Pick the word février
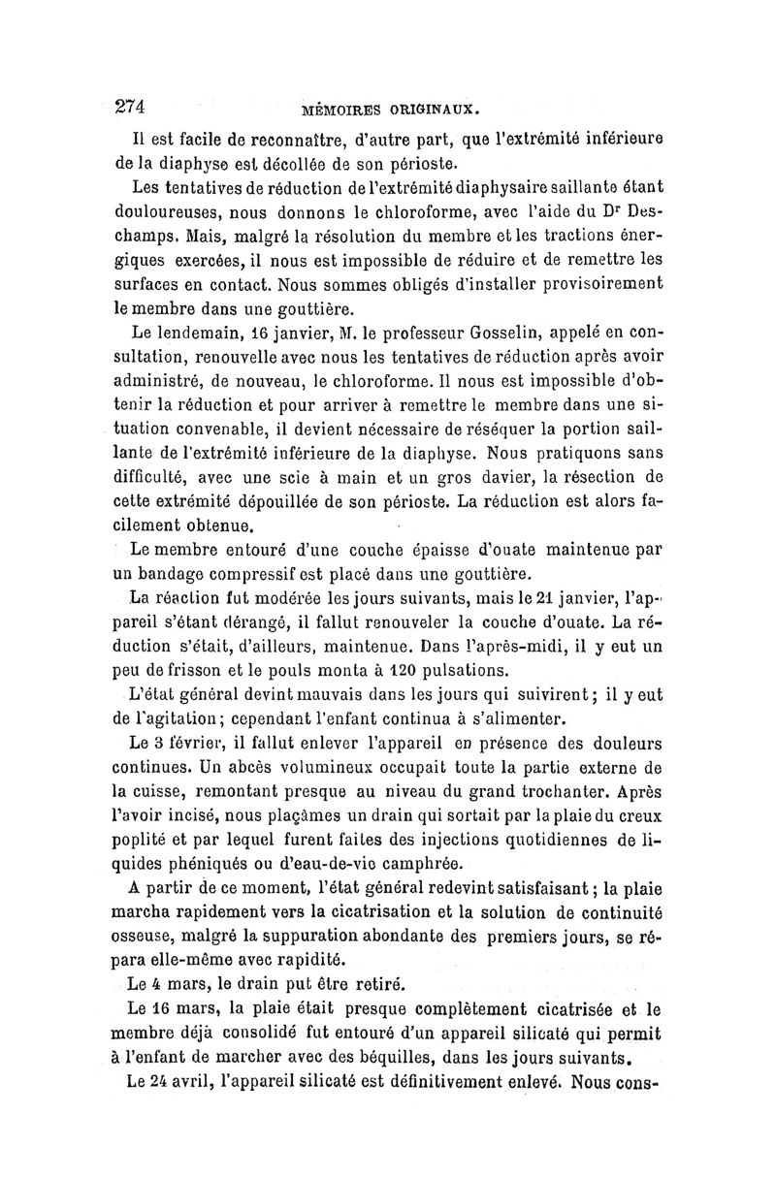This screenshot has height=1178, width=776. click(196, 744)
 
